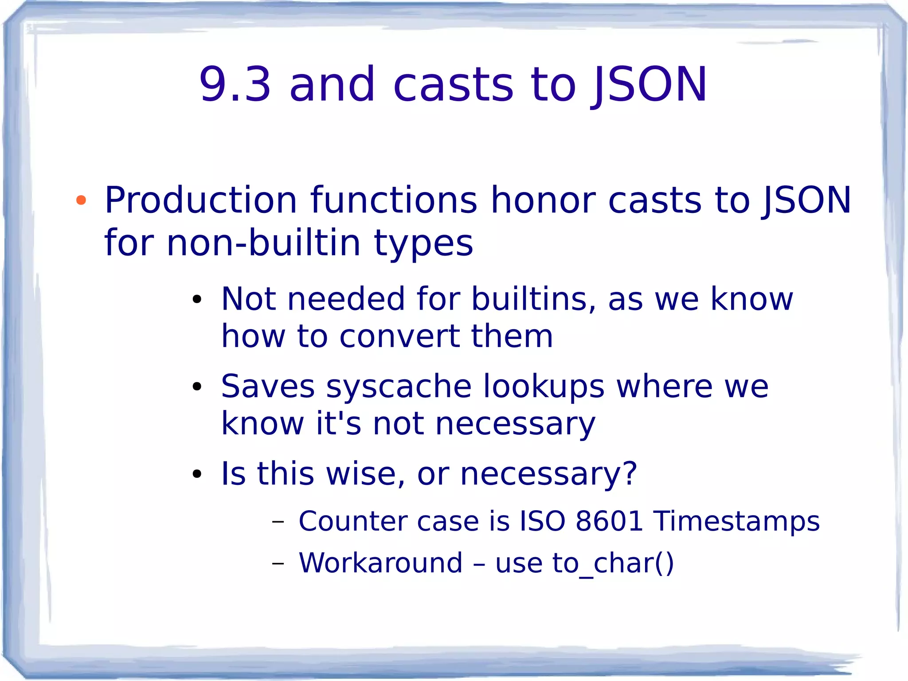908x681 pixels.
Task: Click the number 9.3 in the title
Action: click(235, 84)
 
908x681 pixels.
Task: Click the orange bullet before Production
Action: click(81, 201)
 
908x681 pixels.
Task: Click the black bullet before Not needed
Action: click(197, 299)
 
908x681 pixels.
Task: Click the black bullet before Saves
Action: click(197, 387)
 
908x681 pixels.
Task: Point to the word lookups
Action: click(544, 387)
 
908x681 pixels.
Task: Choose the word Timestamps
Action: click(736, 522)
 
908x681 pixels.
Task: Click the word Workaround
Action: click(380, 563)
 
